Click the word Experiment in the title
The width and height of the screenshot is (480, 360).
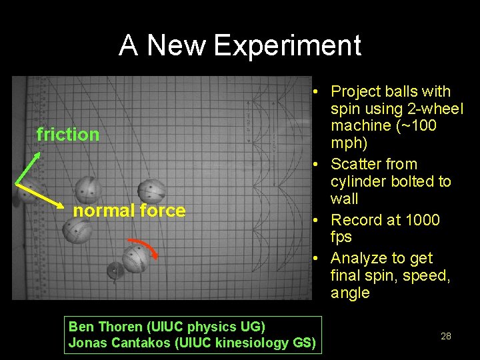tap(287, 46)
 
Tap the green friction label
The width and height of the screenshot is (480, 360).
tap(68, 135)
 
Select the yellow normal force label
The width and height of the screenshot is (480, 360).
tap(129, 211)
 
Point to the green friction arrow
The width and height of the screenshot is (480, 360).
tap(29, 167)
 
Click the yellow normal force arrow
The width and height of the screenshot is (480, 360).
tap(45, 195)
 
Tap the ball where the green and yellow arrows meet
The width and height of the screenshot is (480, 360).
tap(25, 192)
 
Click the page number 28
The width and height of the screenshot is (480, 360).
tap(446, 336)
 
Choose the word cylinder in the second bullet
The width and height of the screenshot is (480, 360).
tap(357, 181)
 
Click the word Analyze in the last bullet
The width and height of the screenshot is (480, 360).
tap(358, 258)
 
